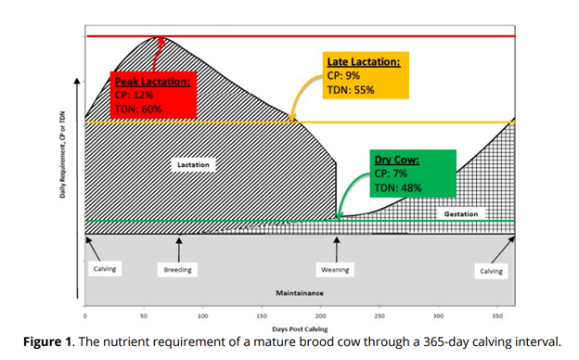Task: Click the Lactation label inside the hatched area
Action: (x=194, y=164)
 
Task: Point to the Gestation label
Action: (x=462, y=214)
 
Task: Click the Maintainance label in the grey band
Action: (x=299, y=291)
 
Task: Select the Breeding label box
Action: (x=178, y=270)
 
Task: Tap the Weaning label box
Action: (x=335, y=270)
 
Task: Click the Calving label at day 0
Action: (x=104, y=269)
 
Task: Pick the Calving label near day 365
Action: (x=491, y=271)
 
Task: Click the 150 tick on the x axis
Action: (x=262, y=316)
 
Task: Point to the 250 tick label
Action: (x=380, y=316)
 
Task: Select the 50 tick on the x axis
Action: (x=144, y=316)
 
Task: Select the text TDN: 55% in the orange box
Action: (x=349, y=90)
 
